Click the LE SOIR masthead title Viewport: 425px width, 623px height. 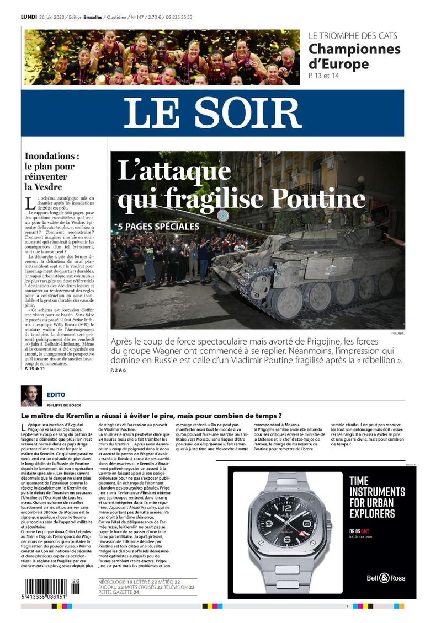[212, 113]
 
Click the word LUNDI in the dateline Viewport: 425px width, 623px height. [29, 17]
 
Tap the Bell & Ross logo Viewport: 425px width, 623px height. [386, 578]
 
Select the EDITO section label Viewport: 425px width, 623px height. [56, 395]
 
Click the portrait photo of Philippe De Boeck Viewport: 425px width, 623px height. [31, 396]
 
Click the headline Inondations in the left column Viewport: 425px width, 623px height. [52, 156]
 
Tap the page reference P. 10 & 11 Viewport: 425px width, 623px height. [35, 368]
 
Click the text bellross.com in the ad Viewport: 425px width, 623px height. [361, 536]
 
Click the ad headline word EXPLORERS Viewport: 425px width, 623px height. [373, 513]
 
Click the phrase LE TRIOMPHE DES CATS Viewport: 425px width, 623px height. [353, 36]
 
